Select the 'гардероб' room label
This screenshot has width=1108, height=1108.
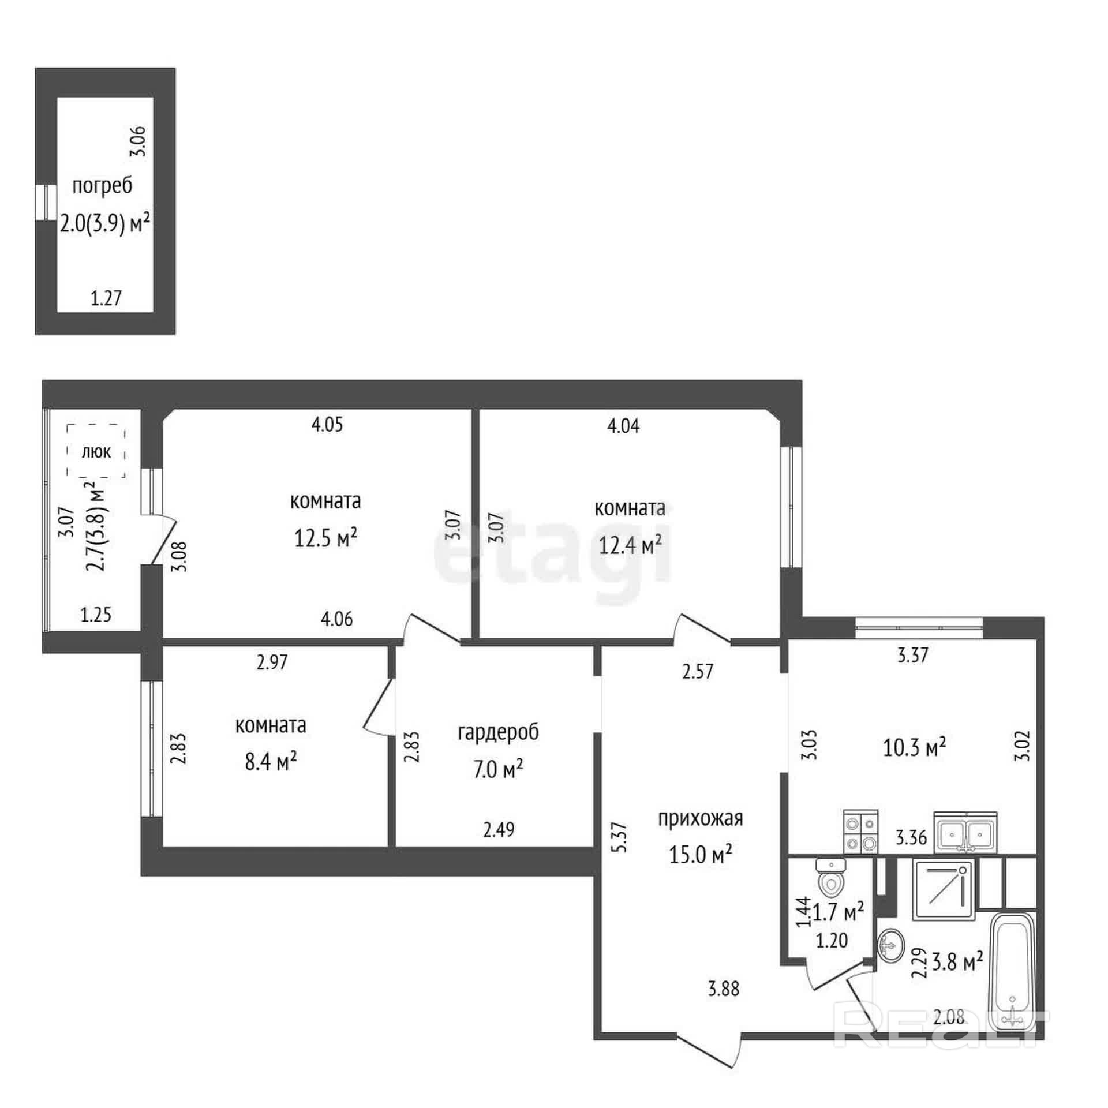click(498, 732)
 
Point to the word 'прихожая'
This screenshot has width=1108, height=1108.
click(701, 818)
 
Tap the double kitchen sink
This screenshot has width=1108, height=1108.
click(966, 832)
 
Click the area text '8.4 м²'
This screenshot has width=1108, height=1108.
click(271, 762)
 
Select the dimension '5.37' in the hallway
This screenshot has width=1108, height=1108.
click(620, 837)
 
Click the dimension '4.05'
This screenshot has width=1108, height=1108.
click(327, 425)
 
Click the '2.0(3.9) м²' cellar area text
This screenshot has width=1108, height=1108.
click(105, 223)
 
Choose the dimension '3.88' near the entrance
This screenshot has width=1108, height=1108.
click(724, 989)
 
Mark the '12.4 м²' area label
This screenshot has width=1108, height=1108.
click(630, 544)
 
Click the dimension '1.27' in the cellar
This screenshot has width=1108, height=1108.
click(106, 298)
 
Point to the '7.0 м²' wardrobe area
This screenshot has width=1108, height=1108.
click(498, 769)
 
